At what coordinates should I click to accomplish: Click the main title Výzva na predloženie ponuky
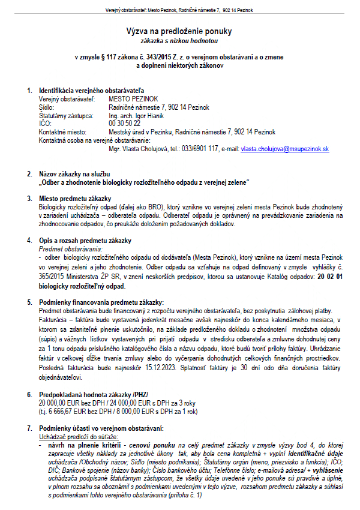179,31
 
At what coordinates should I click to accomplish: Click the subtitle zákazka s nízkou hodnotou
179,40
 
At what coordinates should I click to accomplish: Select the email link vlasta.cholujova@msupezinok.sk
285,148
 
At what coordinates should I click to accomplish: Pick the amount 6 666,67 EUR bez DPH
82,411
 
